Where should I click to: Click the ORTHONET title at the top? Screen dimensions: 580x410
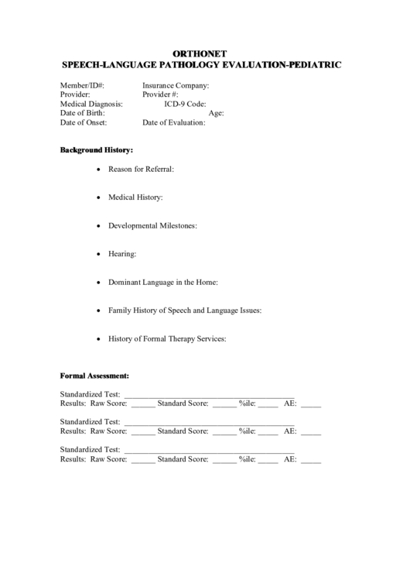pyautogui.click(x=205, y=53)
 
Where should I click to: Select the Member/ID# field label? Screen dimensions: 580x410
pyautogui.click(x=83, y=85)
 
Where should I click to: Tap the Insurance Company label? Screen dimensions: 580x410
pyautogui.click(x=176, y=85)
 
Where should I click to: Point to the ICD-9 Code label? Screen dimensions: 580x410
pyautogui.click(x=185, y=104)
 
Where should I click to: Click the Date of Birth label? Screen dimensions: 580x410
pyautogui.click(x=82, y=113)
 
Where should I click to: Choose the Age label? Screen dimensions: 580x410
pyautogui.click(x=217, y=113)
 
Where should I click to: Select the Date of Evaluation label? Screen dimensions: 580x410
pyautogui.click(x=174, y=122)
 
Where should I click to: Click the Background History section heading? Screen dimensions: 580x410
pyautogui.click(x=97, y=149)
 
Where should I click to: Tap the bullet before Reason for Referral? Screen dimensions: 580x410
pyautogui.click(x=97, y=169)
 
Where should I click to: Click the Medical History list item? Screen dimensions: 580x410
pyautogui.click(x=135, y=197)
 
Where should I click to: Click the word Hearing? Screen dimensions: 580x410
pyautogui.click(x=122, y=253)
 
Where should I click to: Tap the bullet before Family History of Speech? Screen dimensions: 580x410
pyautogui.click(x=97, y=311)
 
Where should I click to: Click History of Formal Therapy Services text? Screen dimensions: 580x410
pyautogui.click(x=167, y=338)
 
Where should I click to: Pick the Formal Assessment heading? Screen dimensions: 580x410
pyautogui.click(x=94, y=376)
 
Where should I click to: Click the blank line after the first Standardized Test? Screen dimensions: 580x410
pyautogui.click(x=209, y=395)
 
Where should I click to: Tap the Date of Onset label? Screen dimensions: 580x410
pyautogui.click(x=84, y=122)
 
